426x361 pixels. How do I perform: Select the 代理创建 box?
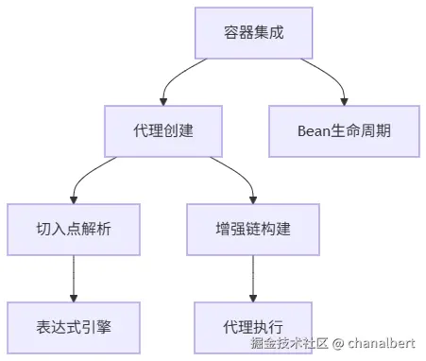pos(163,129)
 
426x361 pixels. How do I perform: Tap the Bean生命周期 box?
pos(344,129)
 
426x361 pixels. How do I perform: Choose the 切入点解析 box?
pos(73,229)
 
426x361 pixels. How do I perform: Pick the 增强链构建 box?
pos(253,229)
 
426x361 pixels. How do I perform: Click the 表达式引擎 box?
pos(73,327)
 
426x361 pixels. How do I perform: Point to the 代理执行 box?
pos(253,327)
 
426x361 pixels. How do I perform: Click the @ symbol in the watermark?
pos(337,342)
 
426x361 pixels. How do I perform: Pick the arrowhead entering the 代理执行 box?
pos(253,298)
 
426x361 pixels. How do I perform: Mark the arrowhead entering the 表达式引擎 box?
pos(73,298)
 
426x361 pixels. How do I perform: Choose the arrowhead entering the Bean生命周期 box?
pos(344,99)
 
